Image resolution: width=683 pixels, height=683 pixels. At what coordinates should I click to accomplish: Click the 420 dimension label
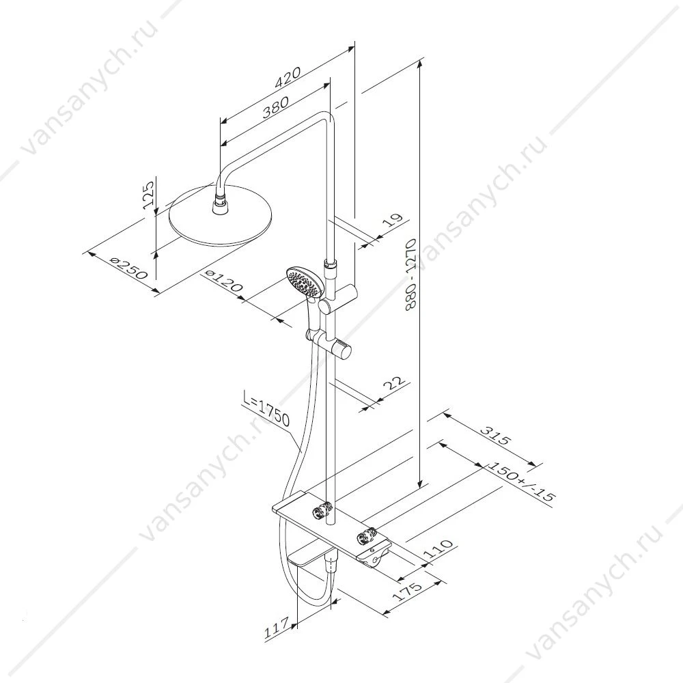tap(288, 78)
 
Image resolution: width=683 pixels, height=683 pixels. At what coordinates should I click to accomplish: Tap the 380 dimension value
tap(275, 108)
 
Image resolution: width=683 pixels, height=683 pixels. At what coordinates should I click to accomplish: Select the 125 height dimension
tap(148, 195)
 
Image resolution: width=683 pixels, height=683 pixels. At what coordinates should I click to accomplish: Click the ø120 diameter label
tap(223, 281)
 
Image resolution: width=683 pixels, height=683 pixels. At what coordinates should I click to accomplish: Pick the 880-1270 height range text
tap(411, 274)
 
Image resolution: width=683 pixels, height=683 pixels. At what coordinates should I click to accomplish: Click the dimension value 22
tap(394, 384)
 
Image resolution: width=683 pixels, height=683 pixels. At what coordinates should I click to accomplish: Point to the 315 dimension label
tap(494, 434)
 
